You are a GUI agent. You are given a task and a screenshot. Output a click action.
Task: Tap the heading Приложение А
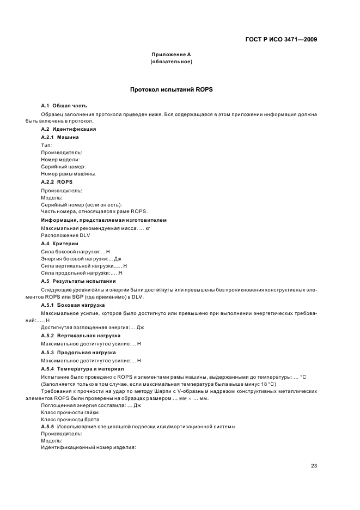(x=170, y=55)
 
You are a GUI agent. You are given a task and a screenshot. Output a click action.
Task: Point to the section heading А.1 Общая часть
(x=64, y=105)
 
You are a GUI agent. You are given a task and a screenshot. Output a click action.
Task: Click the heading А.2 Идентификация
(x=69, y=129)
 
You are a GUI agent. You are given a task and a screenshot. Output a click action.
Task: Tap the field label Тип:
(x=46, y=145)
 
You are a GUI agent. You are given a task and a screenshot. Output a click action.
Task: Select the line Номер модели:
(x=60, y=160)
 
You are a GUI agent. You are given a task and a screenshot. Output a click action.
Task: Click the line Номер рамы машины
(x=69, y=174)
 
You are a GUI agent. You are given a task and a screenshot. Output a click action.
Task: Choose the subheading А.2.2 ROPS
(x=57, y=181)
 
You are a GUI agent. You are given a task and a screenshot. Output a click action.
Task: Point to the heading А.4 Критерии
(x=60, y=243)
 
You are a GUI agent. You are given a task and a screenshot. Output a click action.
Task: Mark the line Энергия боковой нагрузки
(x=81, y=258)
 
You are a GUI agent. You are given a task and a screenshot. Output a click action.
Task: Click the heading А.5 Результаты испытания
(x=78, y=281)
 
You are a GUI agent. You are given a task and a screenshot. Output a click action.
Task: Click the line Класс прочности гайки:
(x=70, y=412)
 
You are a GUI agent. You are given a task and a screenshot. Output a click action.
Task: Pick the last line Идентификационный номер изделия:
(x=88, y=447)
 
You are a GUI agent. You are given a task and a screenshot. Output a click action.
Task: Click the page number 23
(x=314, y=466)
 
